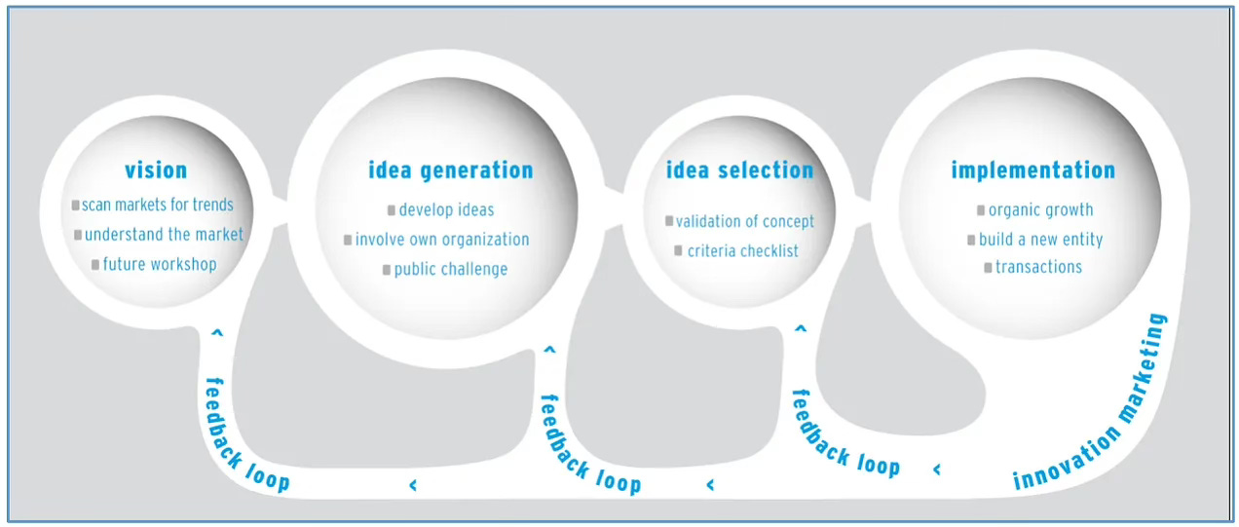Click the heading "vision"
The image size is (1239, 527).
click(x=156, y=170)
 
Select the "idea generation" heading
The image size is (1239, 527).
click(x=450, y=170)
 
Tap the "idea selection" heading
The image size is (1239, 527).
click(x=739, y=170)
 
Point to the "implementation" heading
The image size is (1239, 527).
click(x=1032, y=170)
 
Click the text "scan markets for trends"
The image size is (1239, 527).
click(x=158, y=205)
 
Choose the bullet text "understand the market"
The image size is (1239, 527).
click(x=164, y=235)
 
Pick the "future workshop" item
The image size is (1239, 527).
click(x=160, y=264)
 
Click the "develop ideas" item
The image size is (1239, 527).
click(x=446, y=209)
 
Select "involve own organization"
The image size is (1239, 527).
click(x=442, y=240)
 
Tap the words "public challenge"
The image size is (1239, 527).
click(x=450, y=269)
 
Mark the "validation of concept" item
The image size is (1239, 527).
click(x=745, y=221)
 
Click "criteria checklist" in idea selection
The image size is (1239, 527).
click(x=742, y=251)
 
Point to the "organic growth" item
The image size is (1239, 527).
click(x=1040, y=209)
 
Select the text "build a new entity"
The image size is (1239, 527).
click(x=1040, y=240)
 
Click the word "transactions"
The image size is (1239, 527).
click(x=1038, y=267)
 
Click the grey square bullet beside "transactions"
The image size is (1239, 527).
click(x=988, y=267)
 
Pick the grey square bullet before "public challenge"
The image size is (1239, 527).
click(x=386, y=269)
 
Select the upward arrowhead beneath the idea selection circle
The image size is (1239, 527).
click(x=801, y=329)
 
